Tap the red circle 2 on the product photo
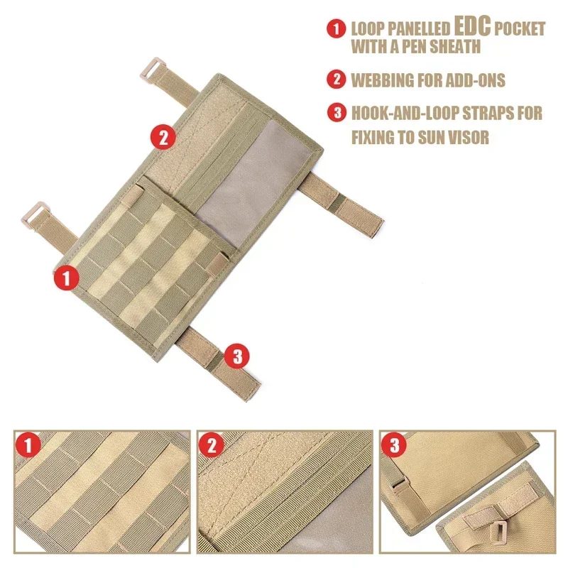point(163,136)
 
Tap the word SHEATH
point(472,48)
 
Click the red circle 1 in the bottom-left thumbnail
point(29,446)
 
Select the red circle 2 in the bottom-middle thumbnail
point(212,446)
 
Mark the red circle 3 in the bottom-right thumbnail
point(394,446)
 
